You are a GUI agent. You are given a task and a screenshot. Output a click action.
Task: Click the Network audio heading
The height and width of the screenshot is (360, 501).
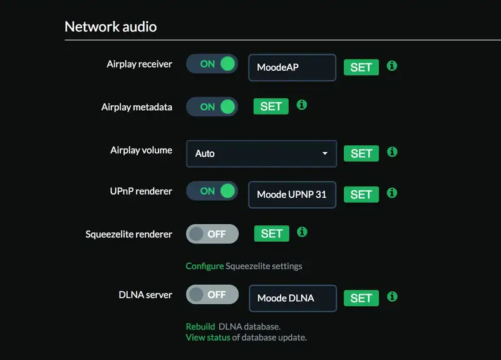click(110, 27)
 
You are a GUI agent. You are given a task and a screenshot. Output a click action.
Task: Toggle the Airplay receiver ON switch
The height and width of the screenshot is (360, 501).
click(212, 64)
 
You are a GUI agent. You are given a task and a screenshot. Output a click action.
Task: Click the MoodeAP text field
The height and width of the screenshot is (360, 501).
click(292, 68)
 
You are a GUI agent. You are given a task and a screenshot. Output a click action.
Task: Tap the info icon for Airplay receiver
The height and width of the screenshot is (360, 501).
click(392, 66)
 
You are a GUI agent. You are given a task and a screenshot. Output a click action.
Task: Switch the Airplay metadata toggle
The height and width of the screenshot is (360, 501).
click(212, 106)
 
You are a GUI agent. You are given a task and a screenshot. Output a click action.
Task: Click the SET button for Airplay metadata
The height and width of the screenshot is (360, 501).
click(271, 106)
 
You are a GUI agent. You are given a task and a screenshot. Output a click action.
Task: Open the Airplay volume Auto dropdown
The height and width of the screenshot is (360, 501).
click(261, 153)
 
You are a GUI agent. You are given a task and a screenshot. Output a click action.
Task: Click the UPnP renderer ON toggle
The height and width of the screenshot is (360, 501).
click(212, 191)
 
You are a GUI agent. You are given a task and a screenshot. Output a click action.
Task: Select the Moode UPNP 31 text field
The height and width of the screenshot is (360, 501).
click(292, 195)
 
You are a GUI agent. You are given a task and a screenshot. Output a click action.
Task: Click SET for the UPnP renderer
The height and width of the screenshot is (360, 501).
click(361, 195)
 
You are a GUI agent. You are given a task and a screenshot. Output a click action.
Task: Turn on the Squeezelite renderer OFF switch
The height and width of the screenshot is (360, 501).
click(212, 234)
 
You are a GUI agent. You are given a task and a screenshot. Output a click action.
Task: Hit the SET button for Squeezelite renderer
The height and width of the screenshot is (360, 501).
click(271, 234)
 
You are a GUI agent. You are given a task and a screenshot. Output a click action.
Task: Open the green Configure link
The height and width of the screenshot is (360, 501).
click(204, 266)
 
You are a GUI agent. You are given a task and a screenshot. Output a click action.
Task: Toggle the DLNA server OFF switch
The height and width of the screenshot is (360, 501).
click(212, 294)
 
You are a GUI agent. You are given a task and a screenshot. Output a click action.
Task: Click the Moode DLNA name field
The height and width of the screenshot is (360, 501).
click(292, 298)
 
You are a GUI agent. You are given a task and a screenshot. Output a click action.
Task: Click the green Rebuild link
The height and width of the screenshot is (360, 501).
click(200, 327)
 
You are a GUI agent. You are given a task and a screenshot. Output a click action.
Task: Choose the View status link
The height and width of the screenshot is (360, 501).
click(208, 338)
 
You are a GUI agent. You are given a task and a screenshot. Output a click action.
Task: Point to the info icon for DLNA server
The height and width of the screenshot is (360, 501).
click(392, 297)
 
